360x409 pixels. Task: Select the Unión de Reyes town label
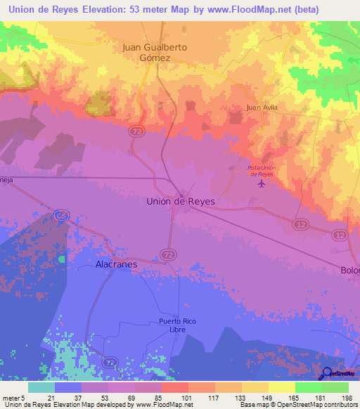pos(180,201)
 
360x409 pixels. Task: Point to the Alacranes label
pos(116,265)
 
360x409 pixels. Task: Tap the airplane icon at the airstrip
pos(262,184)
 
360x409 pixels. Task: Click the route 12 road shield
pos(301,223)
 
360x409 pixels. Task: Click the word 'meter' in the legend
pos(11,398)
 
